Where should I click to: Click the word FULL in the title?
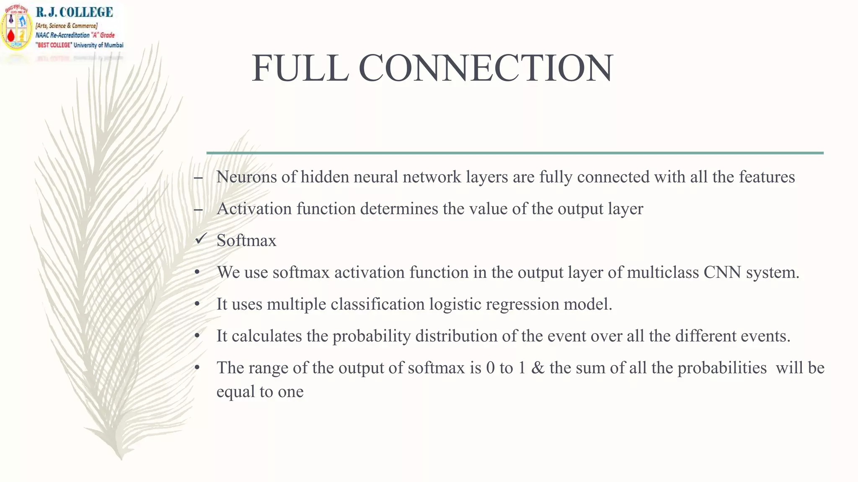coord(300,68)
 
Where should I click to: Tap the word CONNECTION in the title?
coord(486,68)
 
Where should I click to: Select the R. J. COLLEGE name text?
coord(74,12)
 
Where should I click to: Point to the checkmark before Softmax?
coord(201,239)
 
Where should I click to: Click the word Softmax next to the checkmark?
coord(246,241)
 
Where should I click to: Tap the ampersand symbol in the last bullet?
coord(538,368)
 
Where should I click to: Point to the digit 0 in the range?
coord(490,368)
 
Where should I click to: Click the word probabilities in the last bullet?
coord(722,368)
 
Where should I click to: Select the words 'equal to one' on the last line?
coord(260,392)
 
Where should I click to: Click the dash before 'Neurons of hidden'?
coord(198,178)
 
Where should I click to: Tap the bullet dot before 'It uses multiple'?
coord(197,304)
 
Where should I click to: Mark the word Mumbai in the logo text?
coord(114,45)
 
